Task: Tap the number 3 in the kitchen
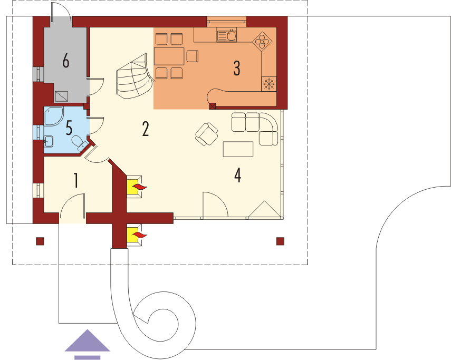pyautogui.click(x=236, y=68)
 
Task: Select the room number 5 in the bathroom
pyautogui.click(x=69, y=128)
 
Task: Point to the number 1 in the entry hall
pyautogui.click(x=76, y=180)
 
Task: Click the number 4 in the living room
pyautogui.click(x=237, y=175)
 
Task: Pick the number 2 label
pyautogui.click(x=146, y=129)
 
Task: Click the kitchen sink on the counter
pyautogui.click(x=227, y=36)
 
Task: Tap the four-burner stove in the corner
pyautogui.click(x=262, y=41)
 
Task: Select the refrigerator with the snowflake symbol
pyautogui.click(x=269, y=84)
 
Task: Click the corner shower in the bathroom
pyautogui.click(x=53, y=116)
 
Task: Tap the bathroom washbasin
pyautogui.click(x=49, y=141)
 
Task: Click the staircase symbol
pyautogui.click(x=135, y=76)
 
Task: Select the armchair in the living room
pyautogui.click(x=207, y=134)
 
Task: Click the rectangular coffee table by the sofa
pyautogui.click(x=238, y=149)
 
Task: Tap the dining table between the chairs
pyautogui.click(x=169, y=56)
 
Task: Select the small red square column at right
pyautogui.click(x=280, y=241)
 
